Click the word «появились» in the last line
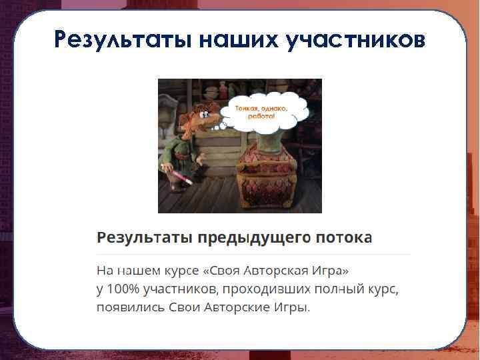tap(127, 307)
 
